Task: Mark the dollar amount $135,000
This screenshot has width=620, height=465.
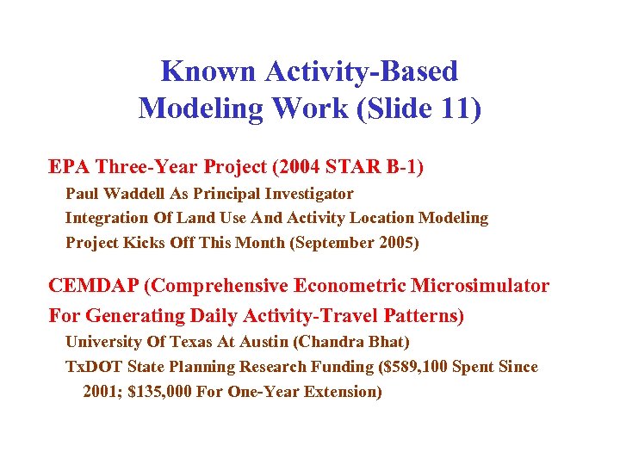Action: [167, 392]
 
